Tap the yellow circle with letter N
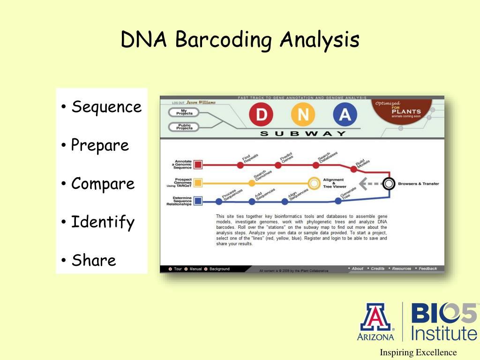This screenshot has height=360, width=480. (x=303, y=115)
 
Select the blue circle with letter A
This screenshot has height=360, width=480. (x=345, y=115)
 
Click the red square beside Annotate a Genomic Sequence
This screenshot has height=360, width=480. (x=198, y=165)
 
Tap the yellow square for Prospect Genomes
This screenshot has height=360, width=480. (x=198, y=183)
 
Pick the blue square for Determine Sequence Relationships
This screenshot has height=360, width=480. (x=198, y=201)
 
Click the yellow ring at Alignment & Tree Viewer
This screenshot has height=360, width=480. (x=313, y=183)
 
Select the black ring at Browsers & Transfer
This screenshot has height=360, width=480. (x=388, y=183)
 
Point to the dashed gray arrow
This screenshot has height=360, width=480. (x=369, y=183)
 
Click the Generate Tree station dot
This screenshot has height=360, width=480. (x=338, y=201)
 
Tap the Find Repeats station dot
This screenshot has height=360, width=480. (x=240, y=165)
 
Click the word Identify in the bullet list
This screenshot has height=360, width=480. (x=103, y=222)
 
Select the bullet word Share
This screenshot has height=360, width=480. (x=94, y=260)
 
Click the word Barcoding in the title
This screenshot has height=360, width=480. (x=224, y=39)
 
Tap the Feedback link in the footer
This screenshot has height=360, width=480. (x=427, y=269)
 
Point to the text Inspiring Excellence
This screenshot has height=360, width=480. (x=418, y=352)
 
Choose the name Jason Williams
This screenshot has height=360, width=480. (x=201, y=102)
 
